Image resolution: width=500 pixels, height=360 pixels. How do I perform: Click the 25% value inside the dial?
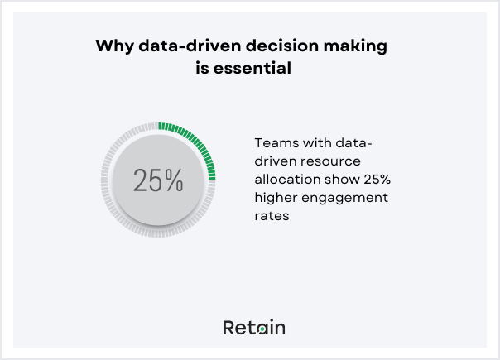coord(158,180)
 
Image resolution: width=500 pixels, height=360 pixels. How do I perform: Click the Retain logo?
coord(254,328)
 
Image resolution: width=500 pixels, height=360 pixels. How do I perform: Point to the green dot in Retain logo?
coord(262,329)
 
